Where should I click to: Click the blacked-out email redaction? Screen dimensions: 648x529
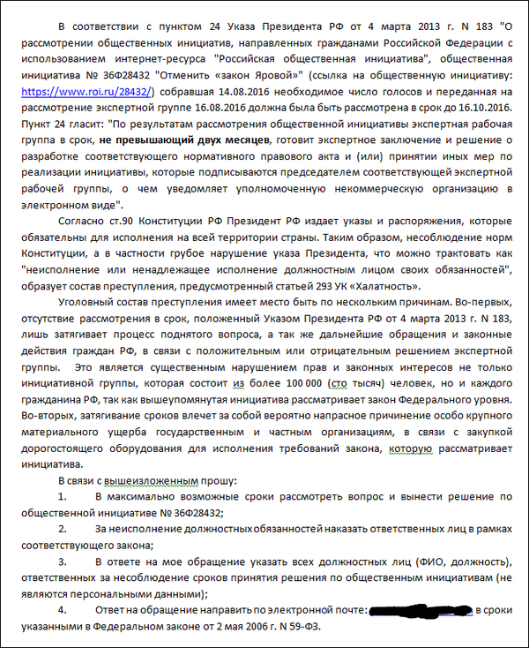(419, 609)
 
